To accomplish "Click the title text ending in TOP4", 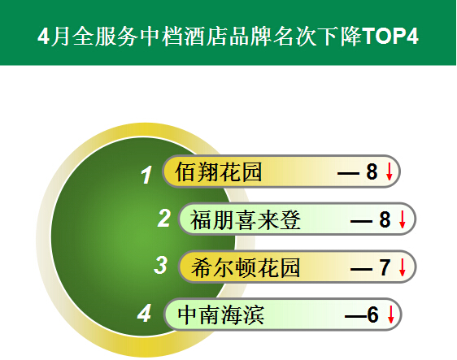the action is (228, 36).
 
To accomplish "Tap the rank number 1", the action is (146, 175).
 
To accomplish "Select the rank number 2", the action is (163, 218).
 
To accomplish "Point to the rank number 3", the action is (160, 265).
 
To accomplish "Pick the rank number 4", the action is (144, 313).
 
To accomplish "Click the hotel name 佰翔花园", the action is (218, 171).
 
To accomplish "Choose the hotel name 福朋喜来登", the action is (246, 219).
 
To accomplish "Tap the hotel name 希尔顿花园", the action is (246, 267).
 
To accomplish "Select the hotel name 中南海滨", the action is (221, 315).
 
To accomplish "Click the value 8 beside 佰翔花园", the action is (372, 171).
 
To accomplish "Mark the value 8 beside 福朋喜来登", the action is (385, 219).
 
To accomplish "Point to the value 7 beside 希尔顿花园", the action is (385, 267).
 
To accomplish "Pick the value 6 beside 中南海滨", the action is (372, 314).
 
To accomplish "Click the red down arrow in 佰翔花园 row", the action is (389, 171).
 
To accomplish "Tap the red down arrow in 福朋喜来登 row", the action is (403, 219).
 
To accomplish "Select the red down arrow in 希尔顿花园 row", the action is (403, 267).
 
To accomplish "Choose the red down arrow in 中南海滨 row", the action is (390, 314).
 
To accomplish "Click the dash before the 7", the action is (361, 269).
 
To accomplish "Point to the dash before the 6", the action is (356, 317).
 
